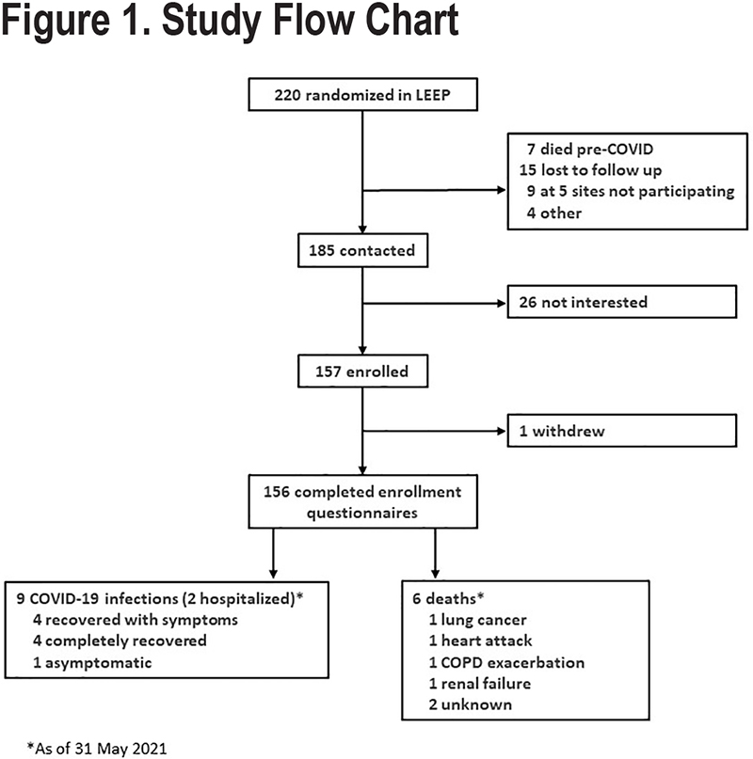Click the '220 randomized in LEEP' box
click(x=363, y=94)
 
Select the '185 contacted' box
click(x=363, y=250)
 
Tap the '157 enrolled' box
click(x=363, y=372)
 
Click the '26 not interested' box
click(x=621, y=302)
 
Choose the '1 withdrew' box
click(x=621, y=431)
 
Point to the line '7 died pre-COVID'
click(x=590, y=150)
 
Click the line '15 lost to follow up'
click(x=590, y=170)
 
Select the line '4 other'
click(x=553, y=213)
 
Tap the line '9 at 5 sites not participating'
click(x=631, y=192)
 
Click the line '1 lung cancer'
click(x=477, y=620)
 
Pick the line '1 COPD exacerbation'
click(x=506, y=662)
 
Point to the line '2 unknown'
click(x=470, y=704)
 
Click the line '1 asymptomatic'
click(x=92, y=662)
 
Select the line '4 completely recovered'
click(x=120, y=640)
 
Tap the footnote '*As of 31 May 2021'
click(x=97, y=748)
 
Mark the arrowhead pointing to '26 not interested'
click(x=502, y=304)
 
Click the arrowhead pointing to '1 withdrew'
click(x=502, y=431)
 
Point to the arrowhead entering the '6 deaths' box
click(x=435, y=574)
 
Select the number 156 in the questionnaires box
click(x=277, y=492)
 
